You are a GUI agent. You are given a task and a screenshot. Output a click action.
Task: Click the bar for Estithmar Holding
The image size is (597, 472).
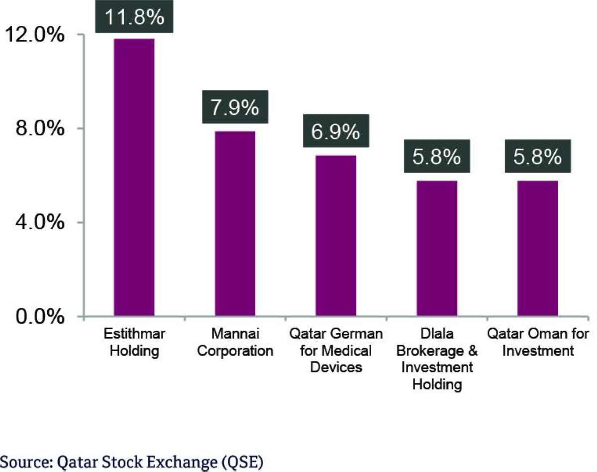(134, 178)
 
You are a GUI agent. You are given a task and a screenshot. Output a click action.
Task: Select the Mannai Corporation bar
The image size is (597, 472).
(235, 224)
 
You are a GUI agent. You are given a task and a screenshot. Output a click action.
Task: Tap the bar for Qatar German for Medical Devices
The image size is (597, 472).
(336, 236)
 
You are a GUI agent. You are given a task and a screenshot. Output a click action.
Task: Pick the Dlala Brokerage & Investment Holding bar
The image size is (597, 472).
(437, 249)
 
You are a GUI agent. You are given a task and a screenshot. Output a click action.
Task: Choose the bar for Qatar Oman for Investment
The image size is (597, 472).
(537, 249)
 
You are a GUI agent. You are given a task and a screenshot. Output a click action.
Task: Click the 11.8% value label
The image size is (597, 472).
(134, 17)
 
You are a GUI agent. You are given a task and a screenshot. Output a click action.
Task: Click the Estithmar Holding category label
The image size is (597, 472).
(134, 342)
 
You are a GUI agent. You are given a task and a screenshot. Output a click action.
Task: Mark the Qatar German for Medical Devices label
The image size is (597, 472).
(336, 351)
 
